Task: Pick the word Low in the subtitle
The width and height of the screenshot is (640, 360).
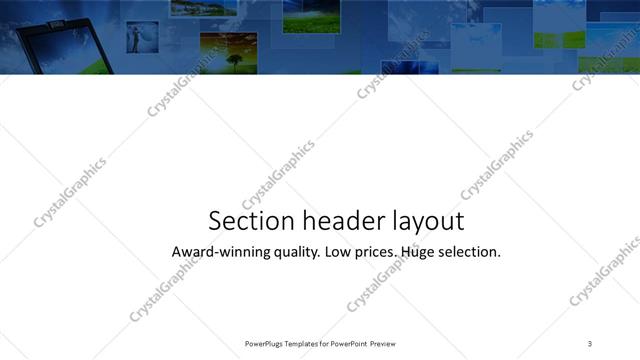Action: tap(341, 252)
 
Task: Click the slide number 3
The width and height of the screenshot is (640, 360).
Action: tap(590, 343)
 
